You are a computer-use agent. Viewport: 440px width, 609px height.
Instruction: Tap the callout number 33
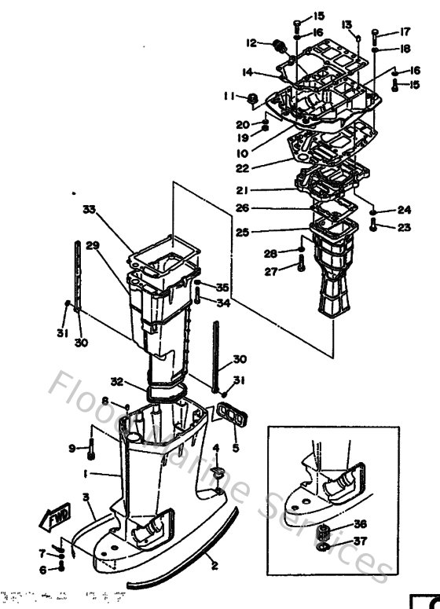tap(90, 209)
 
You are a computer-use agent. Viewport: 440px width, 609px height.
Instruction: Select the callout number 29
tap(93, 246)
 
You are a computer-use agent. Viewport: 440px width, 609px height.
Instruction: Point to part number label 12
tap(251, 42)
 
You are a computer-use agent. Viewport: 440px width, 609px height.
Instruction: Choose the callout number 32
tap(116, 383)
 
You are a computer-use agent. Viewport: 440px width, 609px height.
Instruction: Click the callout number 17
tap(405, 32)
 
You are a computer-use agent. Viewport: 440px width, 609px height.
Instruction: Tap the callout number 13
tap(347, 24)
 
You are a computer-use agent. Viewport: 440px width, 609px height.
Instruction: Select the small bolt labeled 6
tap(61, 567)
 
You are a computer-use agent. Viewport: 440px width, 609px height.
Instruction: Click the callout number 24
tap(404, 210)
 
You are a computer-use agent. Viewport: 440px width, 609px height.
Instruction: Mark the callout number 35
tap(222, 287)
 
